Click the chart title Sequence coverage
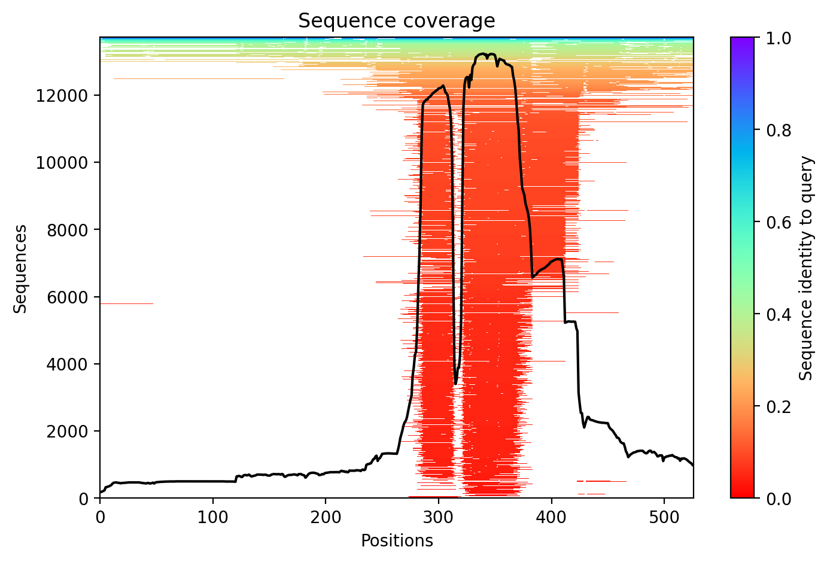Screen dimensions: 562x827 point(396,21)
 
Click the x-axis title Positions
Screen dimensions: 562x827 point(396,541)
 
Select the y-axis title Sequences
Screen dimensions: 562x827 point(20,268)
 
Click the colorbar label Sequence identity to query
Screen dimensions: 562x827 point(807,268)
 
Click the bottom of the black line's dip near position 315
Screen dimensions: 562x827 point(456,383)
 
